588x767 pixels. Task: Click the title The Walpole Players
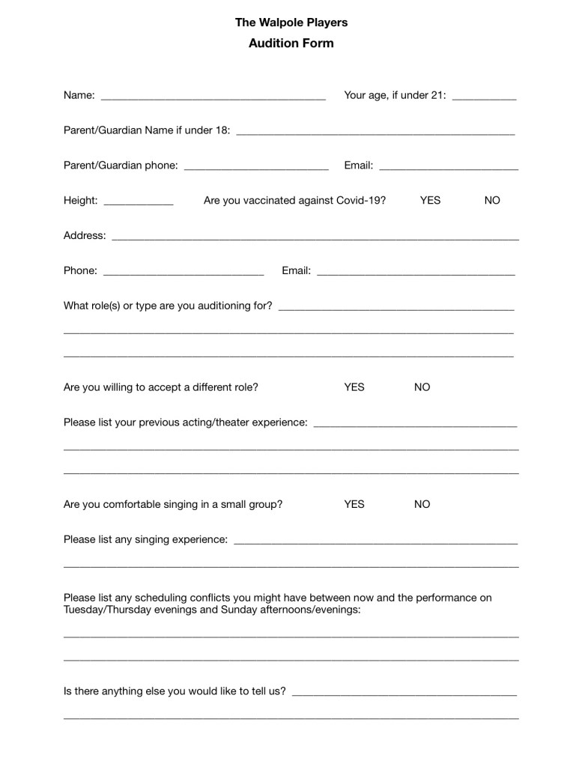(291, 22)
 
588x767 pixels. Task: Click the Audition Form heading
(291, 43)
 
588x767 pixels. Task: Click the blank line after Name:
(213, 96)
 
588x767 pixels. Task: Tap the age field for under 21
(485, 96)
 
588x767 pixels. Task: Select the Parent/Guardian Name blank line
(375, 131)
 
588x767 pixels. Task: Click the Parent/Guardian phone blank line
(256, 166)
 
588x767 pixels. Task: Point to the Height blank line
(139, 201)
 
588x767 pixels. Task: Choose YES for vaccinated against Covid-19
(430, 201)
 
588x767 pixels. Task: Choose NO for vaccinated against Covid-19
(492, 201)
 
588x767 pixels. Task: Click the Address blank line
(315, 236)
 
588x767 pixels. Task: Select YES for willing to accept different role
(354, 387)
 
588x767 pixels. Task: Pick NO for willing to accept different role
(422, 387)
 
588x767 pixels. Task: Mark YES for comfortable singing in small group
(354, 504)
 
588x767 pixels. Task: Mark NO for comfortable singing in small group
(422, 504)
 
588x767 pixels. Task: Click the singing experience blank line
(375, 540)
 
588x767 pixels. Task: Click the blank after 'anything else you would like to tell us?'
(404, 692)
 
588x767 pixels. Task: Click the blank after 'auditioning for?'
(395, 306)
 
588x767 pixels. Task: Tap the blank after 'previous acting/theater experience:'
(415, 423)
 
